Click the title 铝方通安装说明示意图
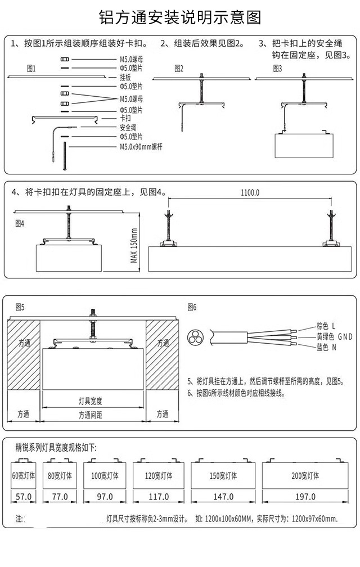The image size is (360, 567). (179, 17)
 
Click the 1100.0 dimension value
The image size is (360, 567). (250, 193)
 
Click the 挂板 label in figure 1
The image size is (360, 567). (125, 78)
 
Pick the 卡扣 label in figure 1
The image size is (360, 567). (125, 119)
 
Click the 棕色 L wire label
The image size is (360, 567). (326, 326)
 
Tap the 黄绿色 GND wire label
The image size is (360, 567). (334, 336)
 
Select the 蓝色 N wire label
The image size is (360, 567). (326, 348)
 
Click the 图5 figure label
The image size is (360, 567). (20, 307)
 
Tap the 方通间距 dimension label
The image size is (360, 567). (93, 415)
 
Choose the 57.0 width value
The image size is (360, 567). (24, 497)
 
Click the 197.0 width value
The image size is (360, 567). (305, 497)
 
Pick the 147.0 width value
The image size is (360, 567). (223, 497)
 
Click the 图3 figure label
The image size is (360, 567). (277, 69)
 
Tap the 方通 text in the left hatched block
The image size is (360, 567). (24, 343)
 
